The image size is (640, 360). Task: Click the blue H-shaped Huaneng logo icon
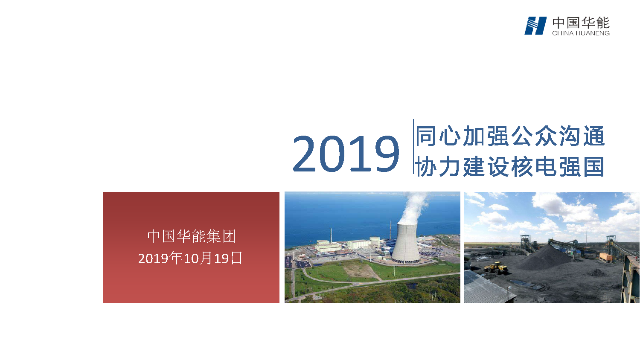(535, 26)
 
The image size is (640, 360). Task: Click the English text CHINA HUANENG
(581, 33)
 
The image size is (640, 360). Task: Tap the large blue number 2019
(346, 154)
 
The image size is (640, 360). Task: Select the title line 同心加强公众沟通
(510, 136)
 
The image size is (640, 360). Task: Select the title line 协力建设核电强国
(510, 166)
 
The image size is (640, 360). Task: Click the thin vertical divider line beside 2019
(413, 147)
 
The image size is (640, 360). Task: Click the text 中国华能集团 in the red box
(192, 236)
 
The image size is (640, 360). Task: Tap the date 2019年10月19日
(190, 258)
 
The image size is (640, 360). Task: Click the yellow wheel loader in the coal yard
(497, 268)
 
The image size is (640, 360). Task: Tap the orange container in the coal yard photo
(605, 257)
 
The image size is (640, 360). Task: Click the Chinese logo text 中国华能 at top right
(581, 23)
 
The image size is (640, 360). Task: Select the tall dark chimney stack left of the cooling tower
(390, 230)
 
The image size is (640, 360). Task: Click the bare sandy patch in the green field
(361, 270)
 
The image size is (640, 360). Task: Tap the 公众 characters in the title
(534, 136)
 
